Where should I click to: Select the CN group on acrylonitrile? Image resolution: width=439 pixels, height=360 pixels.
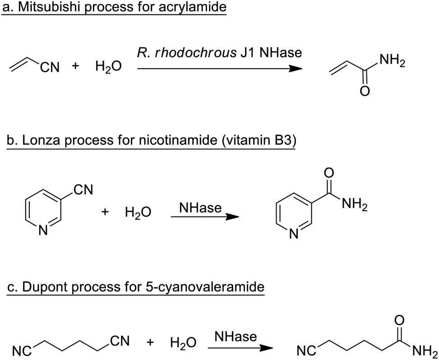[x=50, y=68]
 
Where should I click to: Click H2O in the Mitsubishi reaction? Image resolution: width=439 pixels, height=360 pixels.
[x=108, y=67]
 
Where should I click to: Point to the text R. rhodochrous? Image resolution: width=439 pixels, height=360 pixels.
[x=183, y=53]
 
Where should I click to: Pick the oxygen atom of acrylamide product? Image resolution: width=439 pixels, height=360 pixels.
[x=365, y=92]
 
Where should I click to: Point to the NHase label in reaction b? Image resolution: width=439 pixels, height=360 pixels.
[x=200, y=208]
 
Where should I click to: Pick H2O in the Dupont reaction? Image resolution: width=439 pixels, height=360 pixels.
[x=183, y=344]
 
